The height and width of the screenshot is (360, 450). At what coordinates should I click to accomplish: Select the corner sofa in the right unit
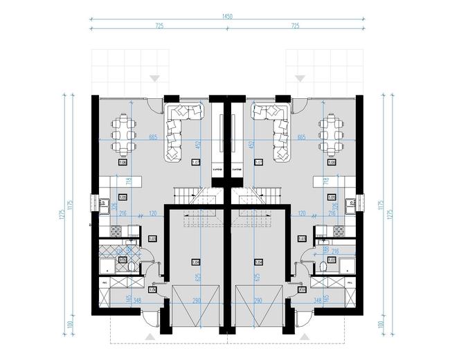coord(272,132)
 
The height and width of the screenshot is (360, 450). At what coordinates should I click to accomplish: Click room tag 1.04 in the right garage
coord(259,262)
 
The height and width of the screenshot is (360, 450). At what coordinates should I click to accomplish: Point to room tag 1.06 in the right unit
coord(331,163)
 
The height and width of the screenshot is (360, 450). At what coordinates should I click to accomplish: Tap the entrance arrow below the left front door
coord(151,336)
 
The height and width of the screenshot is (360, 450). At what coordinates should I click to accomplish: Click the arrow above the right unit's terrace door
coord(300,76)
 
